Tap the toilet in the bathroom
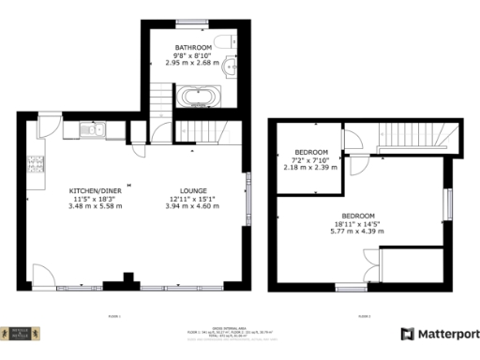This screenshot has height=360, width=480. (x=221, y=39)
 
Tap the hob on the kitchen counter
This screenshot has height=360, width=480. (x=37, y=165)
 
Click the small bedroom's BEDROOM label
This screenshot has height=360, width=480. (x=311, y=153)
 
